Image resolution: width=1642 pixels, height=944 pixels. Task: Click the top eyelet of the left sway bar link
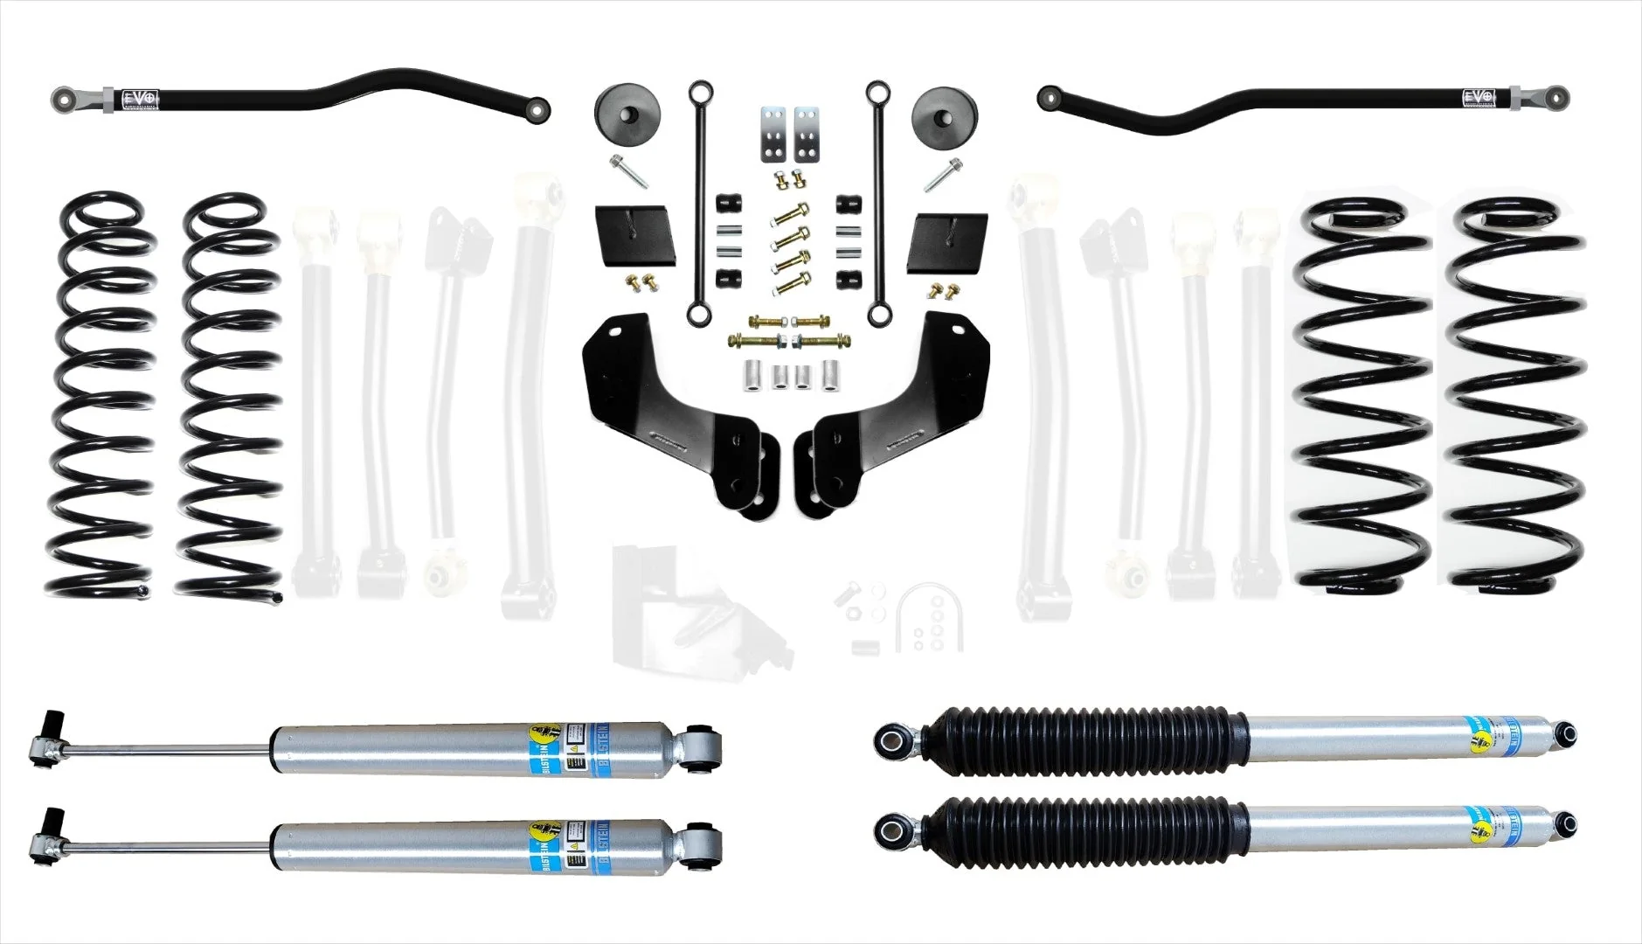tap(698, 90)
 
